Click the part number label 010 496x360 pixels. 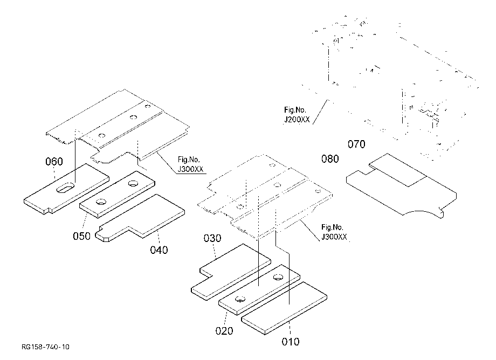[x=291, y=342]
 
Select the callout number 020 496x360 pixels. [x=224, y=331]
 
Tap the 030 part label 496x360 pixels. [x=212, y=238]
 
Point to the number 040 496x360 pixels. [x=159, y=250]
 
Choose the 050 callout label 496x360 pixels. [x=81, y=236]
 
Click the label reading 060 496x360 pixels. [x=54, y=162]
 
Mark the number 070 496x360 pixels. [x=356, y=144]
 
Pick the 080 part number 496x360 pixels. [x=330, y=158]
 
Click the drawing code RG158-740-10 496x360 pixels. [x=45, y=347]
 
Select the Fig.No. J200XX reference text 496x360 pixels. [x=297, y=115]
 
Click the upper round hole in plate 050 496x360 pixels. [x=133, y=183]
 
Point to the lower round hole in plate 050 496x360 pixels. [x=101, y=202]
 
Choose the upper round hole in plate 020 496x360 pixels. [x=278, y=277]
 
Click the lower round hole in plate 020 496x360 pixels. [x=240, y=299]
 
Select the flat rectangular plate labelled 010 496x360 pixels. [x=284, y=308]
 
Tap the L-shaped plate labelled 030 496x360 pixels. [x=231, y=272]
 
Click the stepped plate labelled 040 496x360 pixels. [x=140, y=218]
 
